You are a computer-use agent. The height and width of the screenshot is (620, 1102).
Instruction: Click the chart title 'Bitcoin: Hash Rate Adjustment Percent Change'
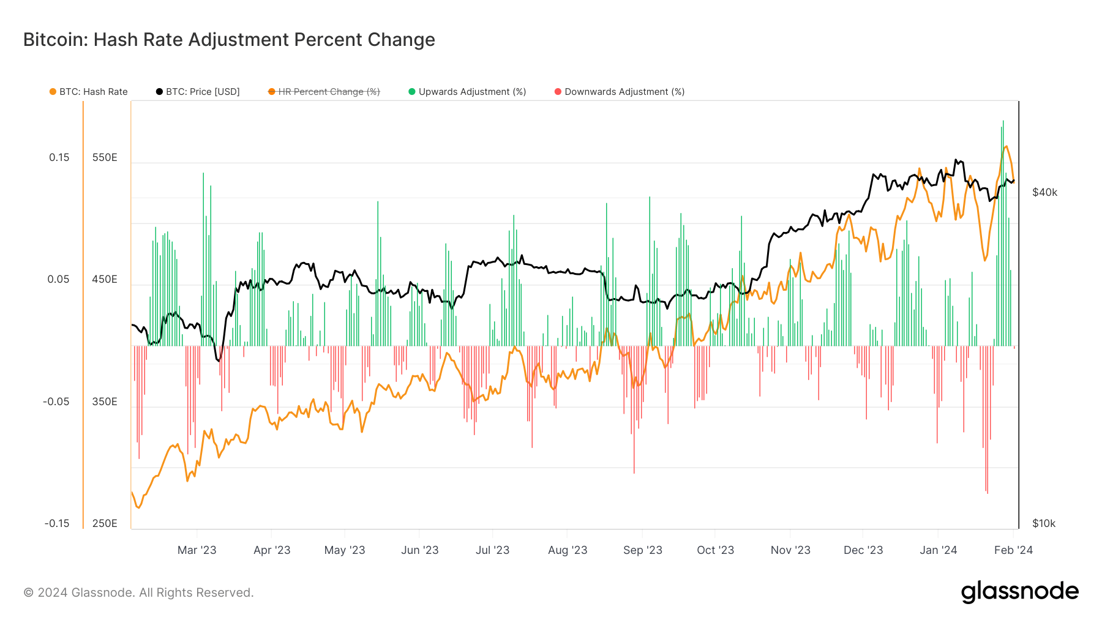229,40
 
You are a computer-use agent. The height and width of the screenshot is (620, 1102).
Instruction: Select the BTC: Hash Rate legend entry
89,92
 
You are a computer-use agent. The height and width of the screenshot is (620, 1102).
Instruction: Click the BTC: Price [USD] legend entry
198,92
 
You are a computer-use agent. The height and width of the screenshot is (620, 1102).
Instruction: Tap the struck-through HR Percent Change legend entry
324,92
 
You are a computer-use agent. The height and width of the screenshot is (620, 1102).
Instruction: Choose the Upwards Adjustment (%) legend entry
467,92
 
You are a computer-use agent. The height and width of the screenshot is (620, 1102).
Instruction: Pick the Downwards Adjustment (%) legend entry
620,92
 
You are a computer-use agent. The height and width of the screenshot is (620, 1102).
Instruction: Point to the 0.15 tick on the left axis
59,157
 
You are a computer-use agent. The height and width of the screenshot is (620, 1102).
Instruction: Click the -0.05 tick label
56,402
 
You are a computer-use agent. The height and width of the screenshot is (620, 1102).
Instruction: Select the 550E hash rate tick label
105,157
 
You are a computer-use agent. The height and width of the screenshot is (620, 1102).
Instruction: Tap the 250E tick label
105,523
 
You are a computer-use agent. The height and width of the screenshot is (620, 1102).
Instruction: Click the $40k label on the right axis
1044,192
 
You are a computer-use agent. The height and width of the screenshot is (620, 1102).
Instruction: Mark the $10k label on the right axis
1044,523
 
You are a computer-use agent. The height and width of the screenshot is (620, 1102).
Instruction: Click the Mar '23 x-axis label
197,550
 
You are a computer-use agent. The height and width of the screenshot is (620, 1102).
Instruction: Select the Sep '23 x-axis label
642,550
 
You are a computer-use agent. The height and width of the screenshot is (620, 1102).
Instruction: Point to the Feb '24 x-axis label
1013,550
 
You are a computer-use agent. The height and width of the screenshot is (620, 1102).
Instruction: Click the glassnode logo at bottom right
1019,592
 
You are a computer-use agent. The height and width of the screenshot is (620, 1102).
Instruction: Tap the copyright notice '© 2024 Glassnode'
138,592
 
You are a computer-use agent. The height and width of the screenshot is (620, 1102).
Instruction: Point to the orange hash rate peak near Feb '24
1006,146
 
